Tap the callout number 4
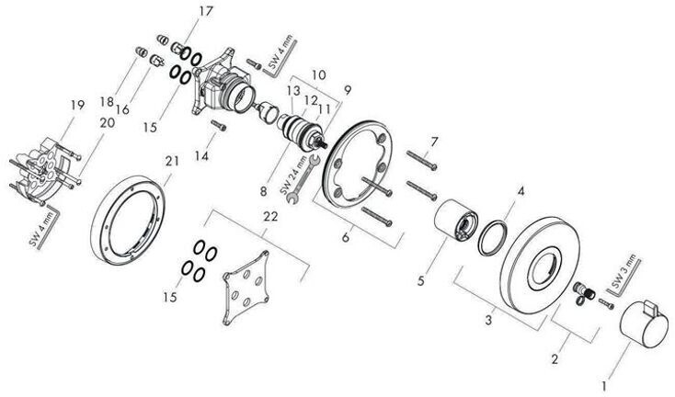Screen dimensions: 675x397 pos(521,192)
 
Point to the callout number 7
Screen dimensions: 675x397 pos(434,141)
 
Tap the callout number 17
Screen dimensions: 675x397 pos(204,13)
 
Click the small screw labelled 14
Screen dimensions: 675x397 pos(220,124)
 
